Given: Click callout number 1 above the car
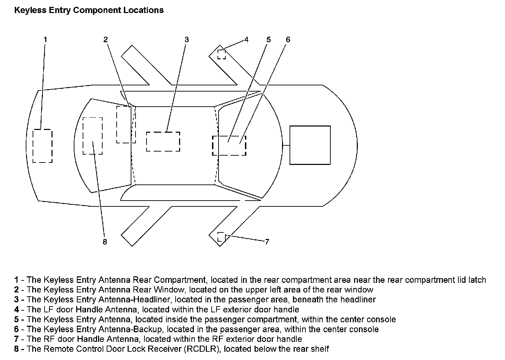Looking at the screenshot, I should [x=45, y=40].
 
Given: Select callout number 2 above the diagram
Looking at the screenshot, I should [x=105, y=40].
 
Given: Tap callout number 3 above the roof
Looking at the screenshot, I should [x=186, y=40].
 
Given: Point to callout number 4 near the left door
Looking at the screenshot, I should [x=246, y=40].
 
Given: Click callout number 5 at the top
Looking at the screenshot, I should [x=269, y=40].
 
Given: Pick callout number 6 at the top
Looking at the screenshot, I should [x=288, y=40].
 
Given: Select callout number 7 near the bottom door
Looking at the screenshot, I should [x=267, y=242].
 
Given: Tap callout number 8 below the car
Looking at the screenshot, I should [x=105, y=242].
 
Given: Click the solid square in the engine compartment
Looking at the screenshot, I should [x=310, y=145].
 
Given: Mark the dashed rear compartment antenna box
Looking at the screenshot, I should [x=43, y=146].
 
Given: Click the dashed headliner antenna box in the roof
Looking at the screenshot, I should [x=163, y=142].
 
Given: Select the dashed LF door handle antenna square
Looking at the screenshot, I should [x=222, y=54].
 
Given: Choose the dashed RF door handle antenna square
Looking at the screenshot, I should [x=221, y=236].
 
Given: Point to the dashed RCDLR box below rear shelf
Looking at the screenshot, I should [x=93, y=136].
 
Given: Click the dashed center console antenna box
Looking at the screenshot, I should [x=229, y=146].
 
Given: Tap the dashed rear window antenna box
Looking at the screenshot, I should [x=126, y=124].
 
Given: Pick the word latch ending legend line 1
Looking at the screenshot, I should [x=478, y=280].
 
